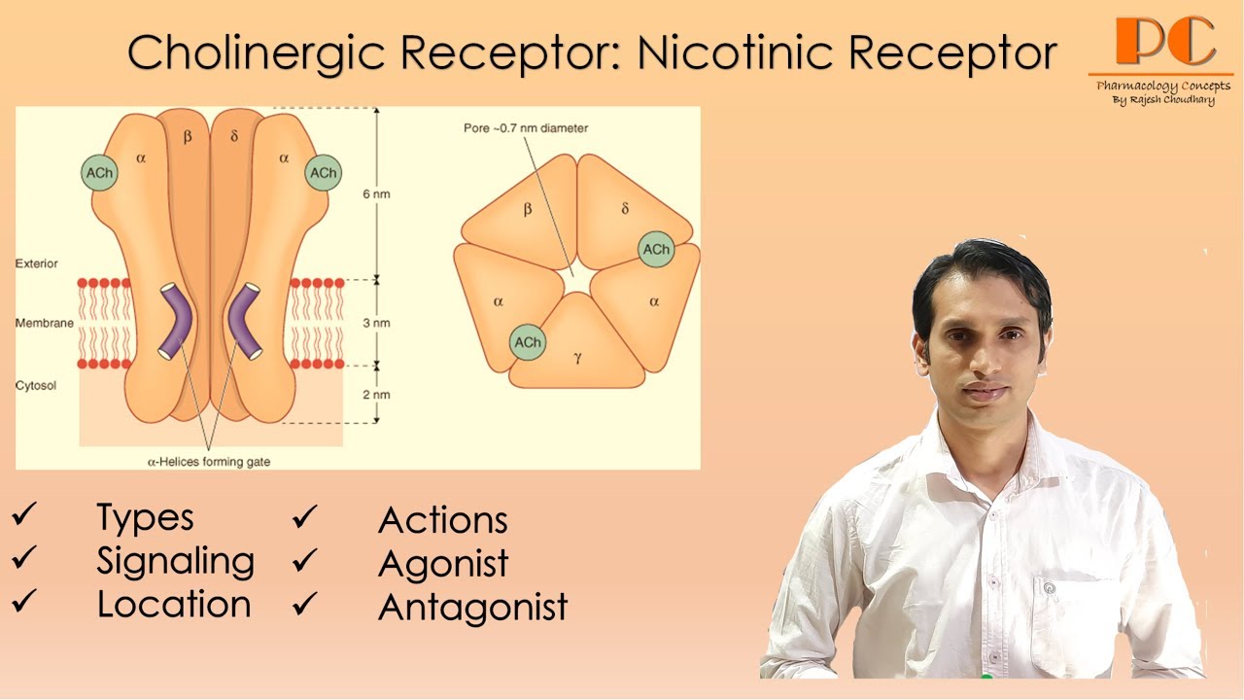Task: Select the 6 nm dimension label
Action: tap(377, 193)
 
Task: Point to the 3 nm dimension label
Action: tap(377, 323)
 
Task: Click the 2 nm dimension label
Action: tap(377, 395)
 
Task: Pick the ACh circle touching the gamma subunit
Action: tap(528, 342)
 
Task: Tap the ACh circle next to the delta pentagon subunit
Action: tap(656, 250)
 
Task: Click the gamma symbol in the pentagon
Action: tap(577, 358)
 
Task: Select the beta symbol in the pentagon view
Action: tap(528, 208)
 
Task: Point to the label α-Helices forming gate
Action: tap(208, 462)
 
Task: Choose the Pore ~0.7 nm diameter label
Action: tap(525, 128)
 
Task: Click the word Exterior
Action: tap(37, 263)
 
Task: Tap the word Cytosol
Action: tap(36, 386)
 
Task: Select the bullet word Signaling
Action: tap(175, 561)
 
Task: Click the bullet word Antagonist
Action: tap(472, 607)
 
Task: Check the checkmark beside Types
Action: tap(23, 516)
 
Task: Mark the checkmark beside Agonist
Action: tap(304, 561)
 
